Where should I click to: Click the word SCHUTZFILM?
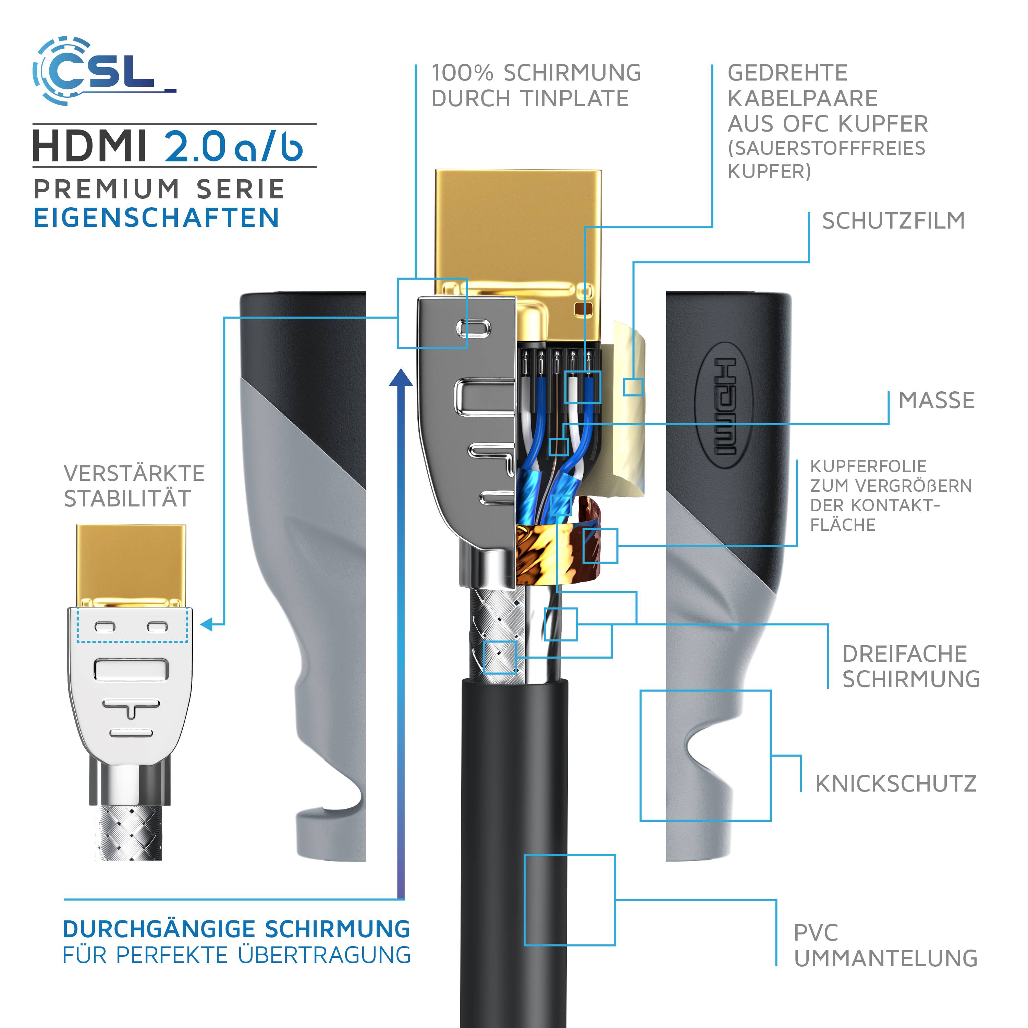(x=893, y=221)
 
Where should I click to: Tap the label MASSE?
(x=937, y=400)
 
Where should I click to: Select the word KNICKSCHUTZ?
(x=895, y=784)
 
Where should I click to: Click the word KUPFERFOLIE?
(x=868, y=466)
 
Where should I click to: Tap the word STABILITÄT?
(x=127, y=499)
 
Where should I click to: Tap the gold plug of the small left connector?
(x=131, y=564)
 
